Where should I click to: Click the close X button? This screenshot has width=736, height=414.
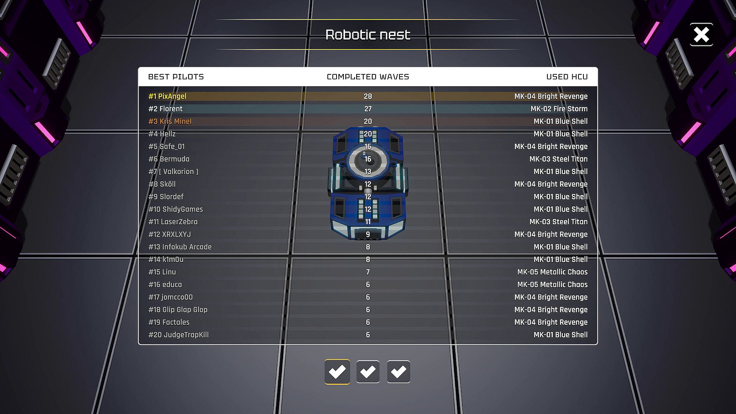pyautogui.click(x=701, y=34)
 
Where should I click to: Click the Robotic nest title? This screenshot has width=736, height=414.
pyautogui.click(x=368, y=35)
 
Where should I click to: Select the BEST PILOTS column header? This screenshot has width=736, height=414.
pyautogui.click(x=176, y=77)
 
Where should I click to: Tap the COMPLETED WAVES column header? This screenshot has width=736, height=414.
pyautogui.click(x=368, y=77)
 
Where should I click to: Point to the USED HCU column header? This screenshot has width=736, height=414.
pyautogui.click(x=567, y=77)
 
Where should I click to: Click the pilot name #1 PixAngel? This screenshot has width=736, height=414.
pyautogui.click(x=167, y=96)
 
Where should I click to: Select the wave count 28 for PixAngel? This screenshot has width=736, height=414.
pyautogui.click(x=368, y=96)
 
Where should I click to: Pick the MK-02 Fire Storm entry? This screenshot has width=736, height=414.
pyautogui.click(x=559, y=109)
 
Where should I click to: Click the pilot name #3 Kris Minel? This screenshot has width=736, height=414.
pyautogui.click(x=170, y=122)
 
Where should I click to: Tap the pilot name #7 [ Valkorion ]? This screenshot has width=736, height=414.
pyautogui.click(x=173, y=172)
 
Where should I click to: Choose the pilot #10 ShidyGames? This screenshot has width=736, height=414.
pyautogui.click(x=176, y=209)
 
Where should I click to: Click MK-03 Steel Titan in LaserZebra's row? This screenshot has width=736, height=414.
pyautogui.click(x=558, y=222)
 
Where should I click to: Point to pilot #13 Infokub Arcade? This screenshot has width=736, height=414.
pyautogui.click(x=180, y=247)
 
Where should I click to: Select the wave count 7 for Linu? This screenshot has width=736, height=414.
pyautogui.click(x=368, y=272)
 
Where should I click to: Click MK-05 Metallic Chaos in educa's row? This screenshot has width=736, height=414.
pyautogui.click(x=552, y=284)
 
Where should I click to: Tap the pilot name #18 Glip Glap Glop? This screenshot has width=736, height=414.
pyautogui.click(x=178, y=310)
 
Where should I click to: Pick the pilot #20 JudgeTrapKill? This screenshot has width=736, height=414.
pyautogui.click(x=178, y=335)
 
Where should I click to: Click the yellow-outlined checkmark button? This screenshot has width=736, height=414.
pyautogui.click(x=337, y=371)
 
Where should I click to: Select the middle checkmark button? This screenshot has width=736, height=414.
pyautogui.click(x=368, y=371)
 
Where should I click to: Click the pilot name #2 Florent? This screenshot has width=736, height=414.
pyautogui.click(x=165, y=109)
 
